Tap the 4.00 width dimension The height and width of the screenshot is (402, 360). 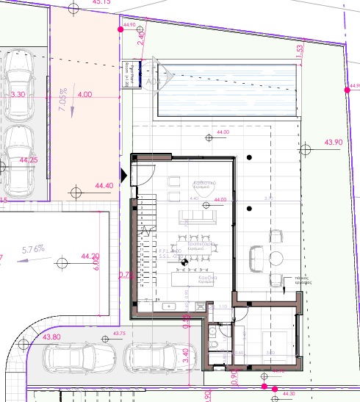click(x=84, y=95)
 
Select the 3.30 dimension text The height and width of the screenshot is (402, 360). click(x=18, y=95)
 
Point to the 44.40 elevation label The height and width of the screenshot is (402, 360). click(x=104, y=186)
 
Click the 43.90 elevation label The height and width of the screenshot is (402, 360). click(x=334, y=143)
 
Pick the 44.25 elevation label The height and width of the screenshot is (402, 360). click(x=29, y=159)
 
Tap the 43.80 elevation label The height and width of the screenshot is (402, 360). click(x=51, y=337)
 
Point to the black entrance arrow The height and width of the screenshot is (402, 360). click(x=124, y=174)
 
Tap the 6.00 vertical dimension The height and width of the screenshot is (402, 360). click(x=96, y=264)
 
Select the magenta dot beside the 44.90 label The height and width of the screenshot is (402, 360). click(x=120, y=30)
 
